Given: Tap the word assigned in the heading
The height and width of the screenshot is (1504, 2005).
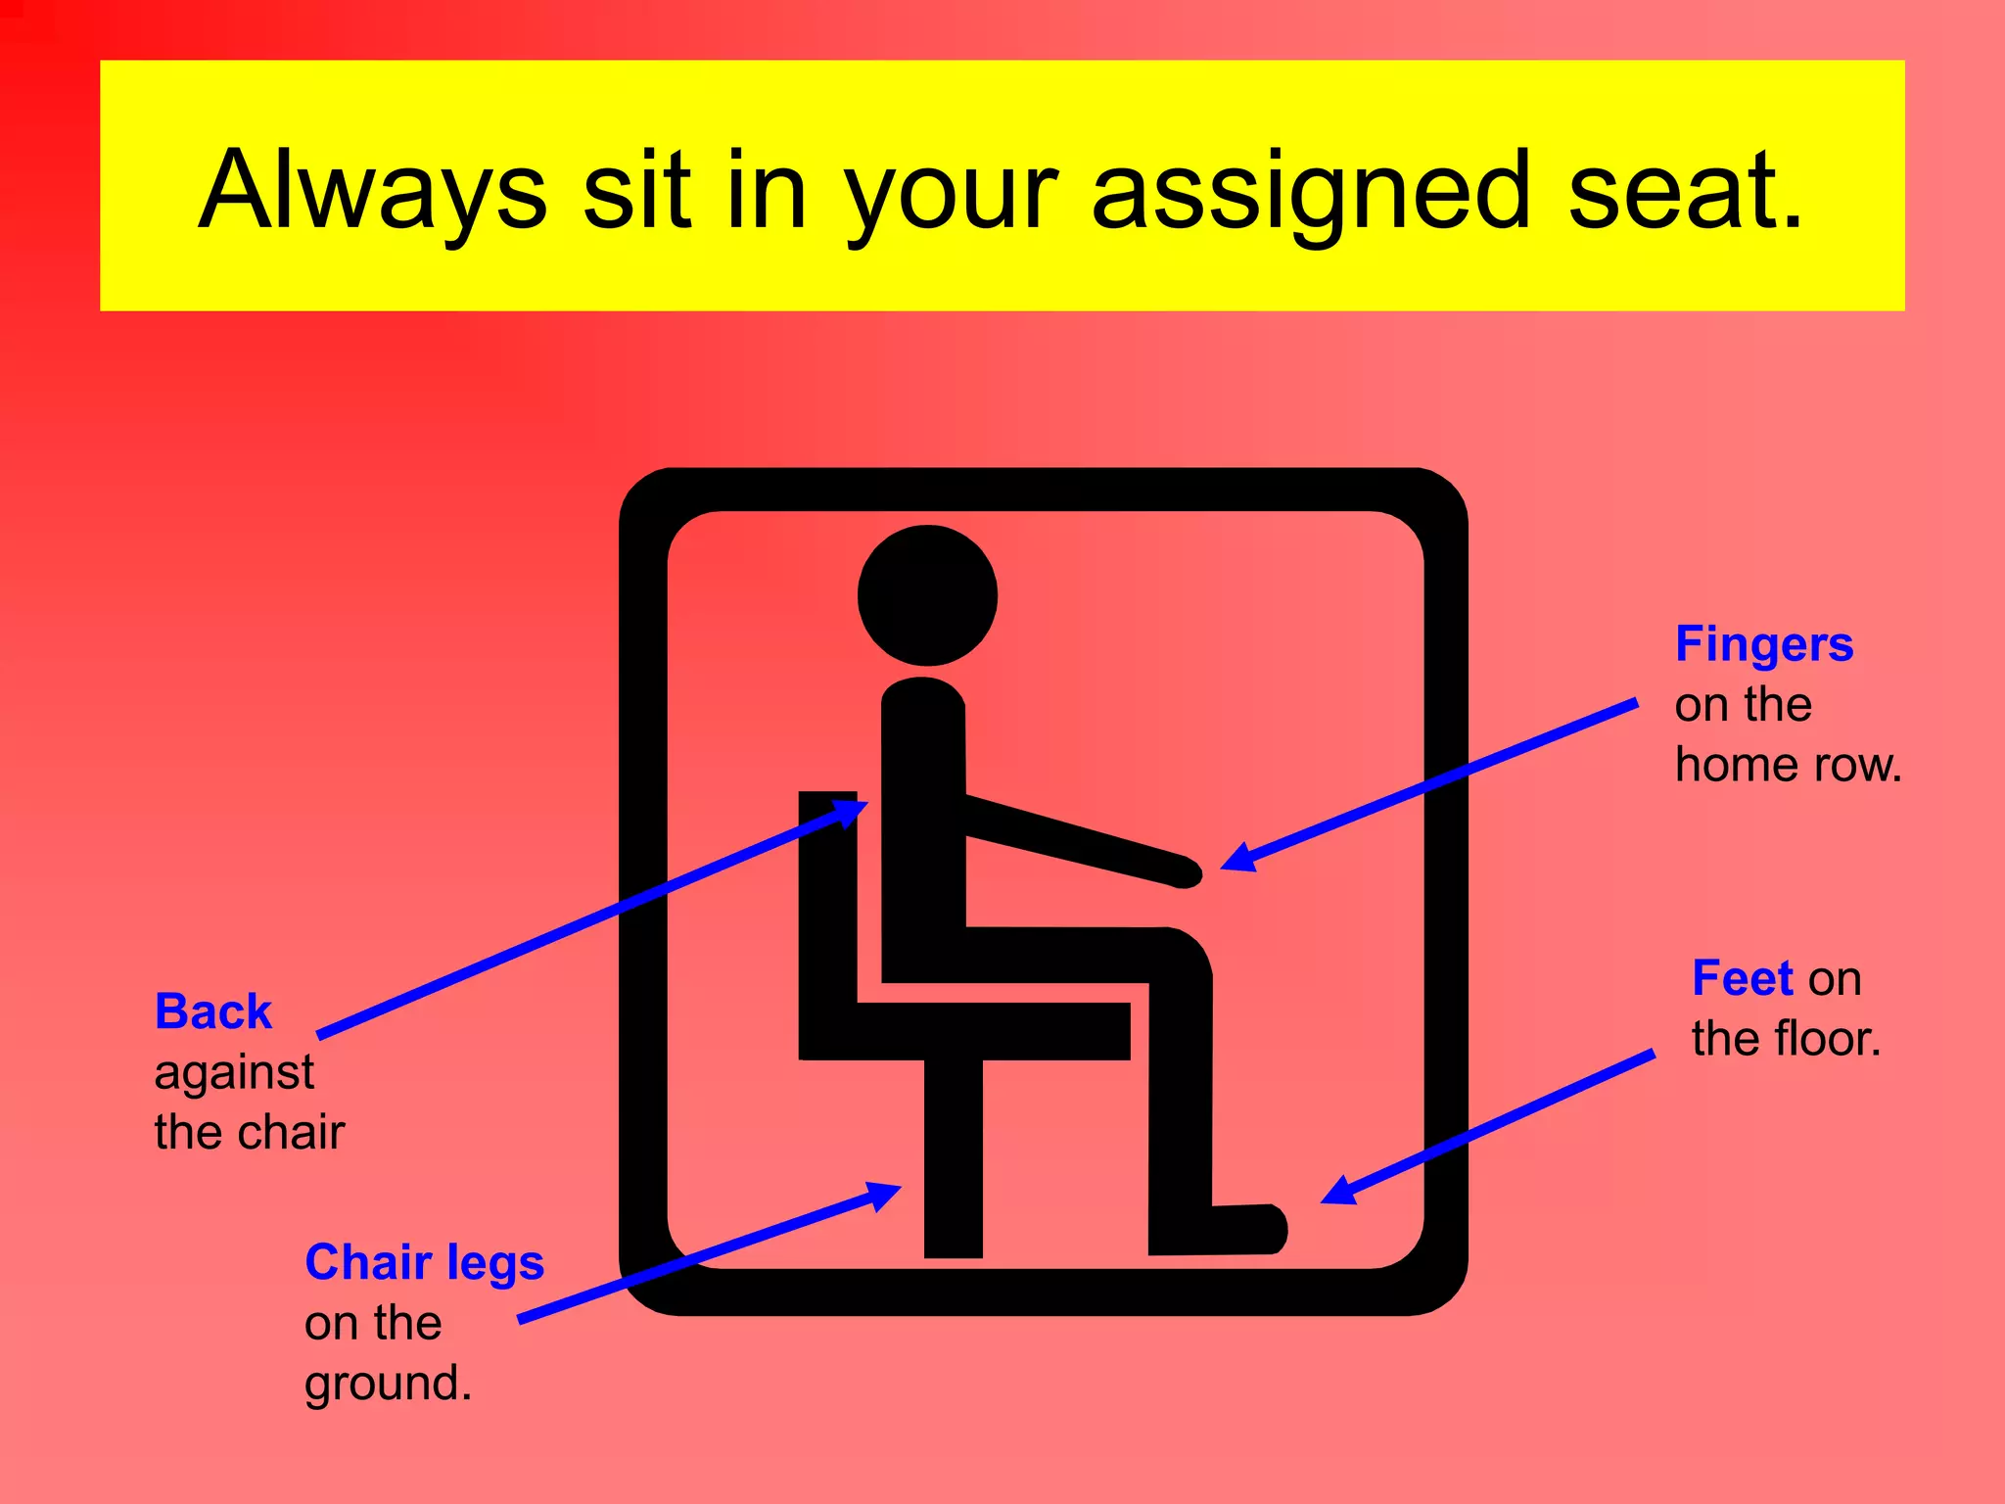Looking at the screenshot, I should tap(1310, 191).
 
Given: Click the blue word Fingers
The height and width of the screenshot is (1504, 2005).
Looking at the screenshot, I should tap(1764, 645).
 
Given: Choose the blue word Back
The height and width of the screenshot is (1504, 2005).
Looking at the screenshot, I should tap(213, 1011).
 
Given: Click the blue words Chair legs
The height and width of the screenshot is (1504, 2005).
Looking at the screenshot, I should tap(424, 1262).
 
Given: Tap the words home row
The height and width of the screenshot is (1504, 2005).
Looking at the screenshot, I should tap(1788, 765).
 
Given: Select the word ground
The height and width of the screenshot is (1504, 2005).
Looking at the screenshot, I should tap(388, 1384).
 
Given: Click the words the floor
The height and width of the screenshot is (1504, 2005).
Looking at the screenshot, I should tap(1786, 1039).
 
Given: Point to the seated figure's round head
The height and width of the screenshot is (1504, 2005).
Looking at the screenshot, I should tap(927, 595).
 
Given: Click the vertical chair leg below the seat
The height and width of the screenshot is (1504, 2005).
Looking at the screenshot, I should tap(953, 1160).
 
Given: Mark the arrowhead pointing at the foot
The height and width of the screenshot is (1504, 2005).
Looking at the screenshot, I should tap(1339, 1191).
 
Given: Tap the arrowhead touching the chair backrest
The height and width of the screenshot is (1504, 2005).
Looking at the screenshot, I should tap(848, 813).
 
